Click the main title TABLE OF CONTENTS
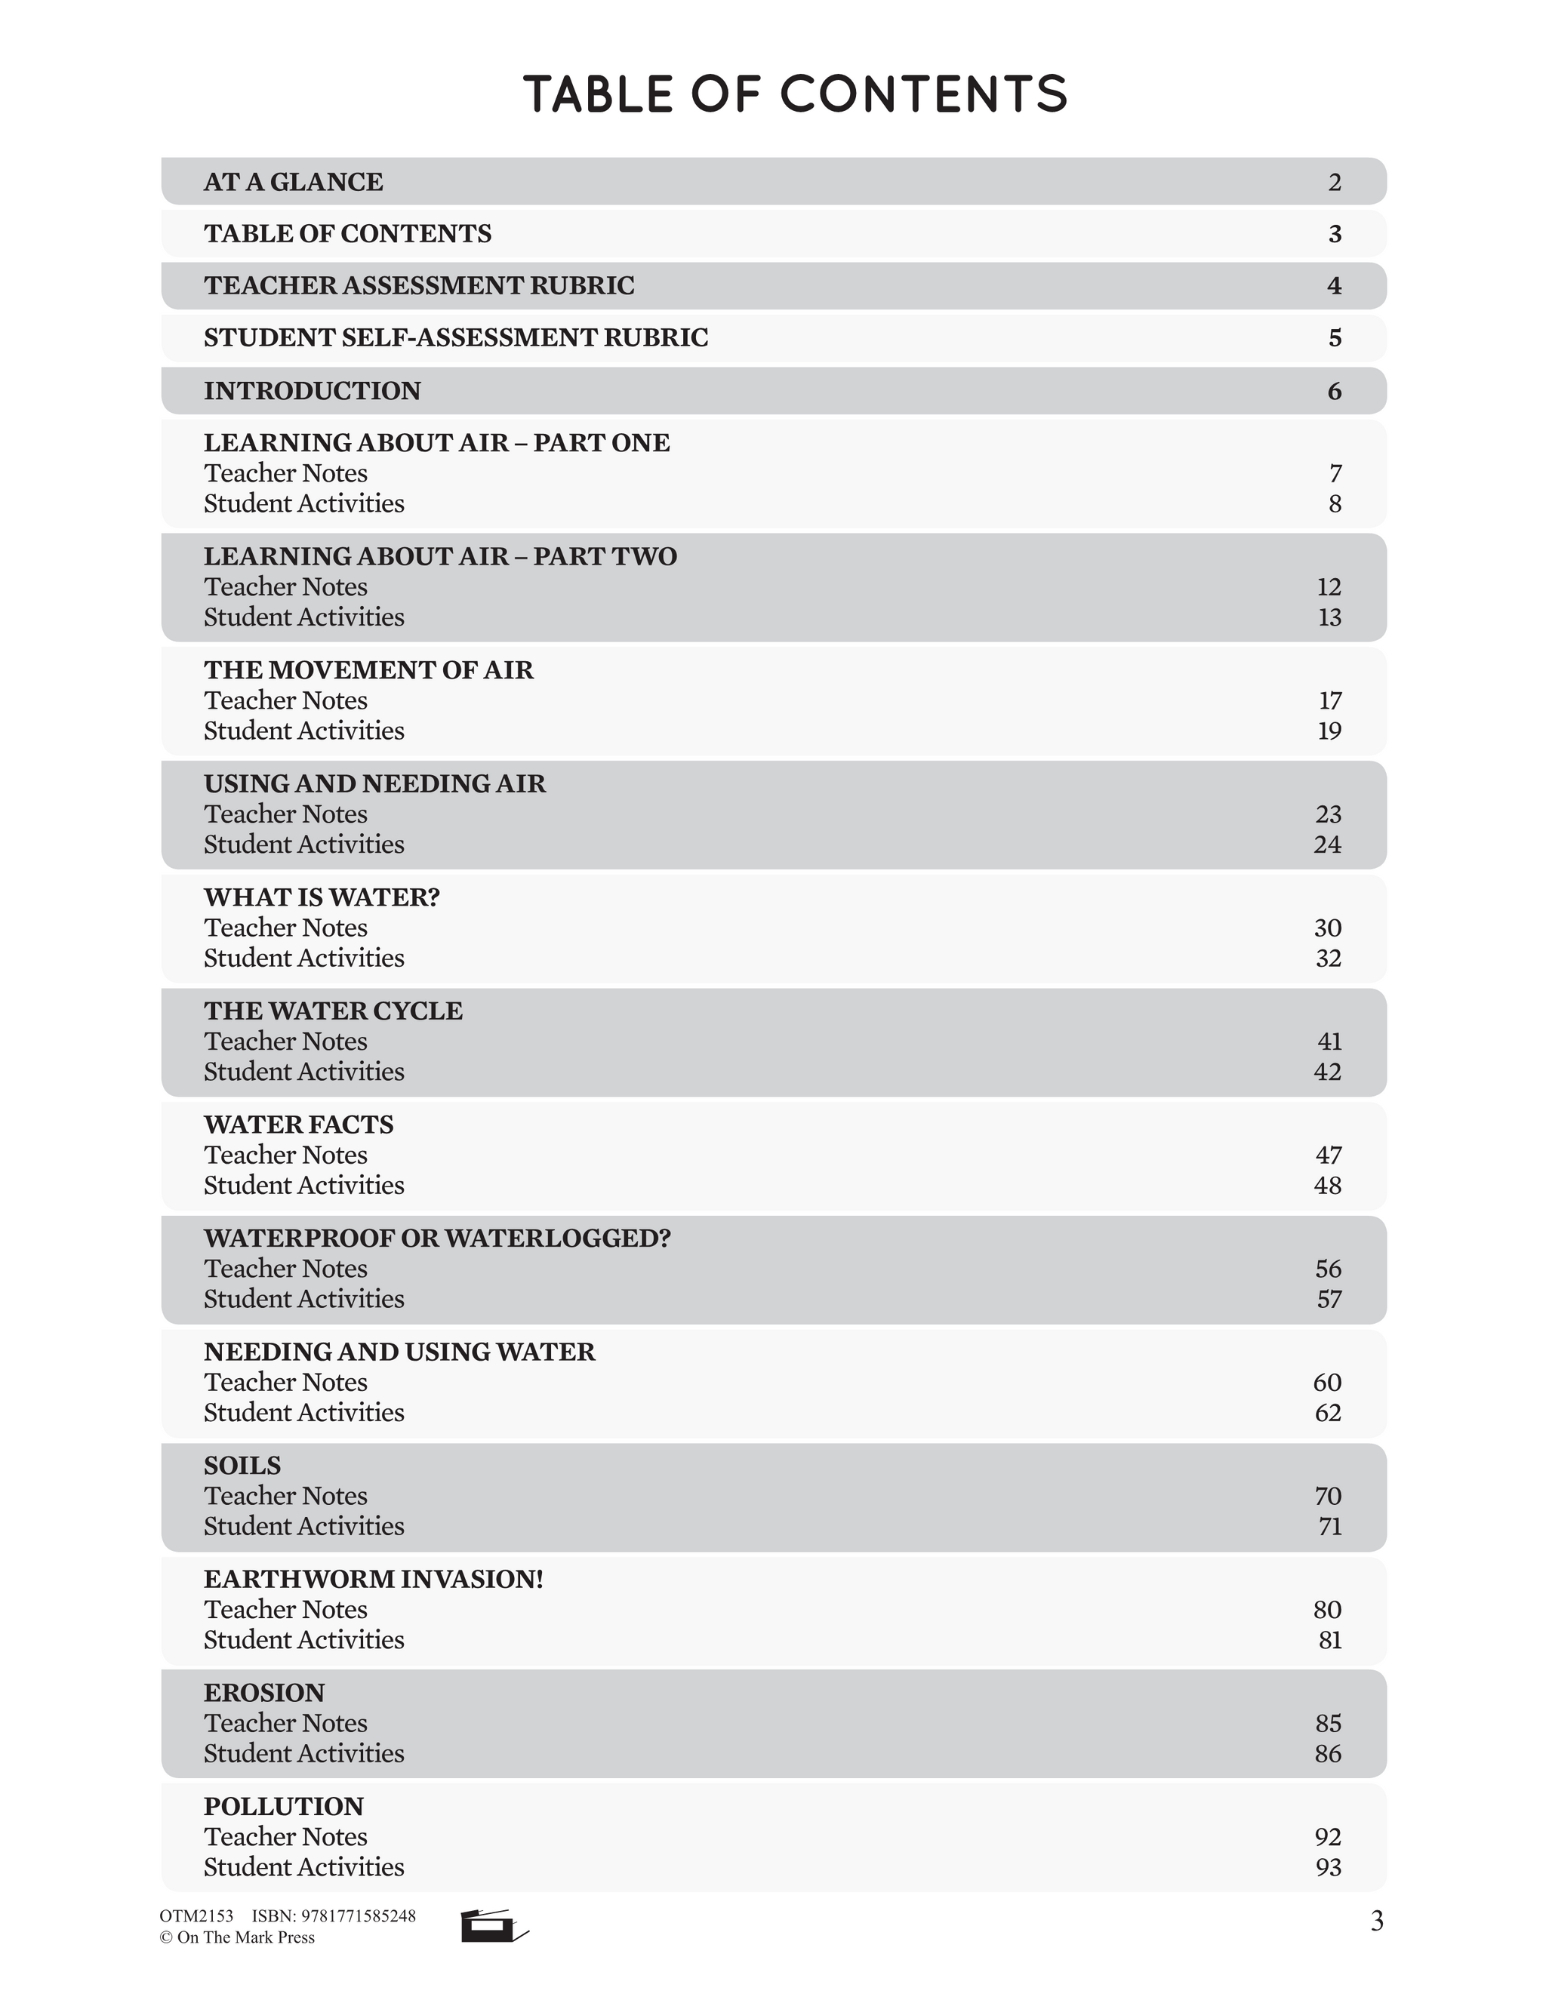[795, 94]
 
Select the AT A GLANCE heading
[293, 181]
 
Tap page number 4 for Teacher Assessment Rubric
[1335, 286]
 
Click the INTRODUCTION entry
[313, 391]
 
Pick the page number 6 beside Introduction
[1335, 392]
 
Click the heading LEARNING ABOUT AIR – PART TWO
[439, 557]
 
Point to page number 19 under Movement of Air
[1329, 731]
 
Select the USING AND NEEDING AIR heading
[374, 784]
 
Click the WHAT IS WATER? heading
[322, 897]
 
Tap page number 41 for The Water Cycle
[1329, 1042]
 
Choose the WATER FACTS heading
[299, 1125]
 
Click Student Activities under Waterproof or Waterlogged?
[304, 1299]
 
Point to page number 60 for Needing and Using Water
[1327, 1382]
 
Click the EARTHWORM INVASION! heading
[373, 1579]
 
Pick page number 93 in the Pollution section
[1328, 1866]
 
